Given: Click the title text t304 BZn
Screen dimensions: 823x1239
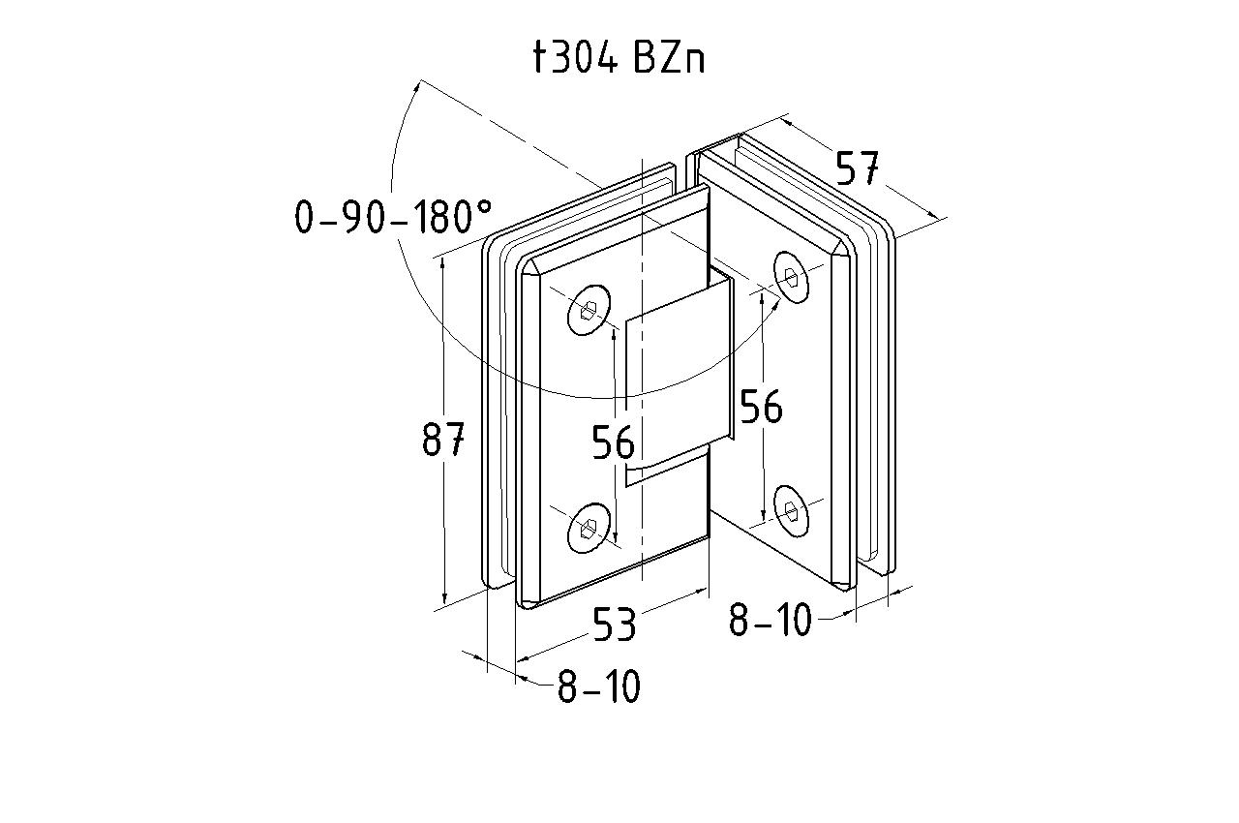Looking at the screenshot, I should pyautogui.click(x=619, y=58).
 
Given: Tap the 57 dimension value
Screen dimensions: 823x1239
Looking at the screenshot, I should pyautogui.click(x=858, y=169).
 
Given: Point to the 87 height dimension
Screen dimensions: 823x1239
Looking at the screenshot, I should pyautogui.click(x=444, y=441).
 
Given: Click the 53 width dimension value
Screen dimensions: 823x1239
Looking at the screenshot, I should pyautogui.click(x=615, y=625).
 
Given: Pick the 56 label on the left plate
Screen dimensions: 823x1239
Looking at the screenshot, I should pyautogui.click(x=614, y=442).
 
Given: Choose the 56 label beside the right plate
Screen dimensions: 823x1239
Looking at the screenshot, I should pyautogui.click(x=761, y=408).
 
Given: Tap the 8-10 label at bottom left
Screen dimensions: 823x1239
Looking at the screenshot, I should pyautogui.click(x=598, y=687).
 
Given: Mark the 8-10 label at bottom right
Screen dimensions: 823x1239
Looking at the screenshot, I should pyautogui.click(x=771, y=620).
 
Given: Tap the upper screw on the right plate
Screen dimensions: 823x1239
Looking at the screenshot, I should pyautogui.click(x=792, y=277).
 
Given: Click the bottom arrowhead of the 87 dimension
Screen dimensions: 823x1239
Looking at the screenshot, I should pyautogui.click(x=444, y=599).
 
